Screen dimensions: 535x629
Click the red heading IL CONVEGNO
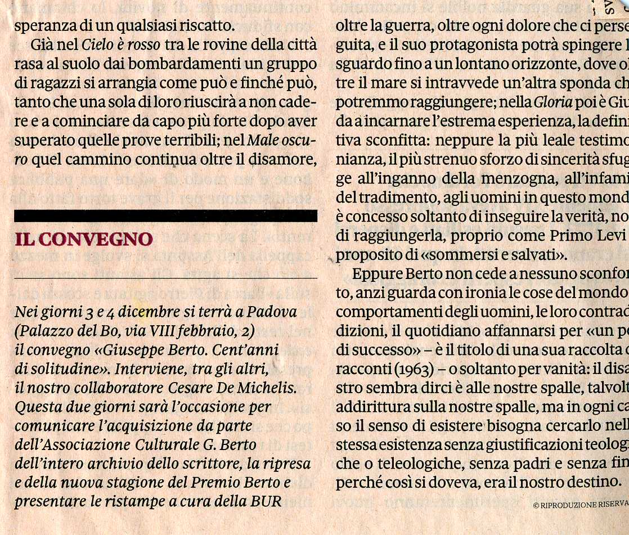pyautogui.click(x=83, y=239)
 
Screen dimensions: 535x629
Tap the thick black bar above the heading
pyautogui.click(x=165, y=215)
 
